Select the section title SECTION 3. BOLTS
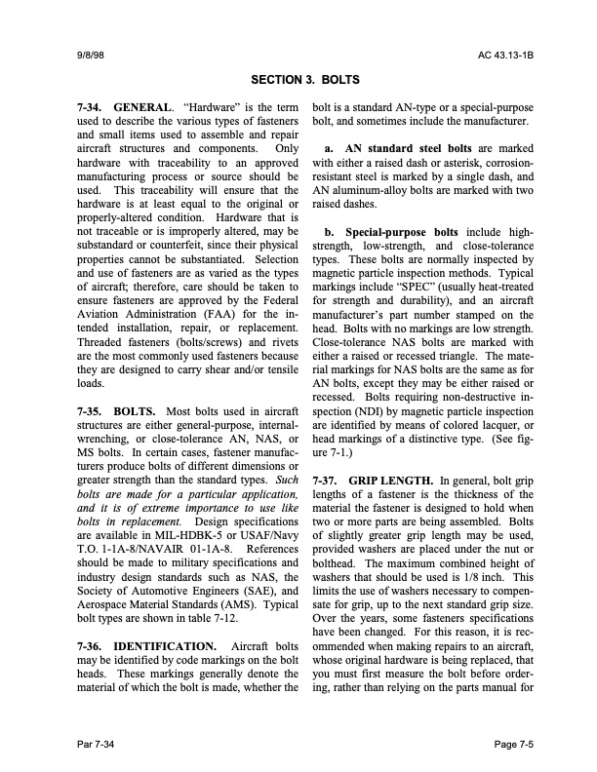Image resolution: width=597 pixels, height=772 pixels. pos(298,80)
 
